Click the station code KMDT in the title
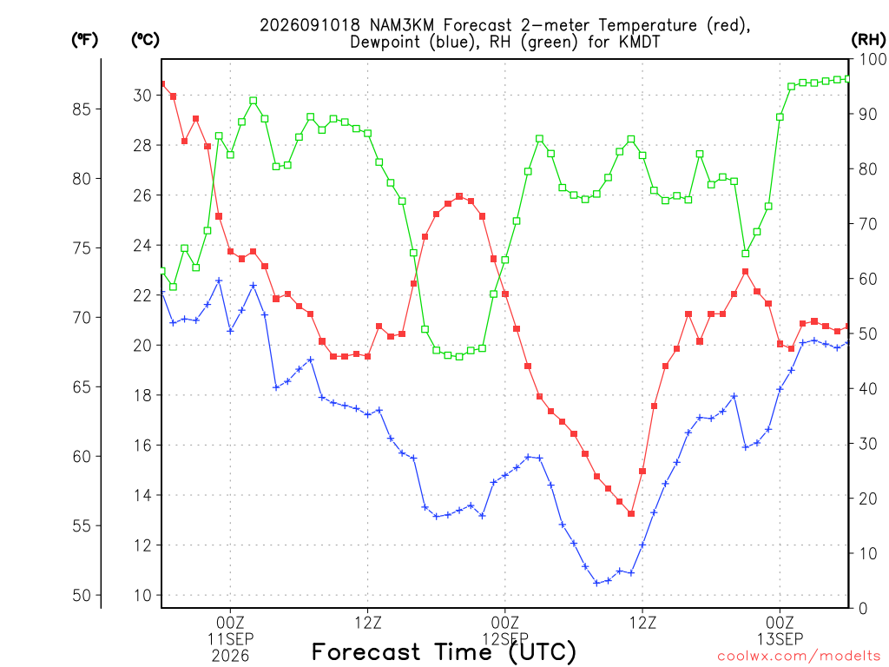638,42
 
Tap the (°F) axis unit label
84,40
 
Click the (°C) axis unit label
145,40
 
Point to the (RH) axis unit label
868,40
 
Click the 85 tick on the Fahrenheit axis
82,109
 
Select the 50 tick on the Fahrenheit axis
82,595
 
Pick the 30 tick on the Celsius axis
143,96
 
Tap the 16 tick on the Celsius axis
143,446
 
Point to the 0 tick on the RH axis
863,609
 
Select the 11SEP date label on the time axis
230,639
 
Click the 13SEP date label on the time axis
780,639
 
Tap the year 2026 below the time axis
230,657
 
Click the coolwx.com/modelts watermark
799,657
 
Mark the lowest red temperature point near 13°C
631,513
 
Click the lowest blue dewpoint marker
596,583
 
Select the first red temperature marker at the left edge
162,84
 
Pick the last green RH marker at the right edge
848,79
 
